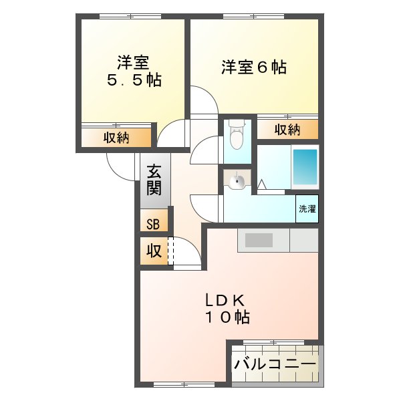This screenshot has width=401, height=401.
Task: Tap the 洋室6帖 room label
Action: tap(253, 68)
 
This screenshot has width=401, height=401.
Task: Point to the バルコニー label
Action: tap(275, 365)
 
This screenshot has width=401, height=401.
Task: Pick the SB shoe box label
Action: tap(153, 223)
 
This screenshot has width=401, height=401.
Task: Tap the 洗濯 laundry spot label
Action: tap(307, 209)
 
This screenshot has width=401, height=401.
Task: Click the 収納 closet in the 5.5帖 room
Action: tap(116, 138)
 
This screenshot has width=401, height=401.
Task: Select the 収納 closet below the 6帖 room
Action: tap(287, 130)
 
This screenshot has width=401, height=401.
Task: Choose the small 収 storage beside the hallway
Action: tap(153, 251)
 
